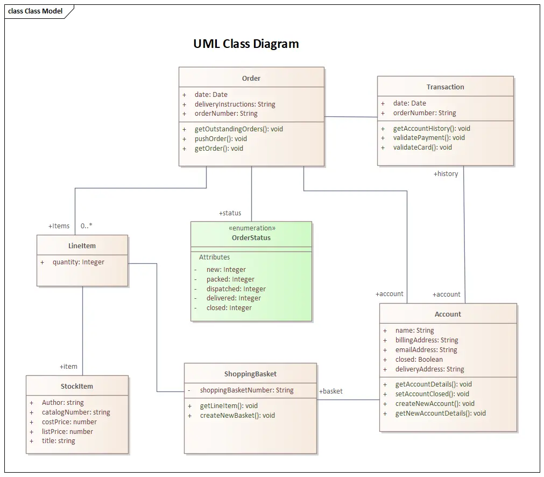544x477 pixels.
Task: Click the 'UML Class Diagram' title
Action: [246, 44]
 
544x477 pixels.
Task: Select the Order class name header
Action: [251, 78]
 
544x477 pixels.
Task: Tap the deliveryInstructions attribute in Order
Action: [235, 104]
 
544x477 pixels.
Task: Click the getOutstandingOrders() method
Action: [238, 129]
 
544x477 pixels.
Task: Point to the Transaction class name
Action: [445, 87]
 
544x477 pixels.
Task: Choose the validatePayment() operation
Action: [429, 138]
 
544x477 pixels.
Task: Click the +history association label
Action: [446, 174]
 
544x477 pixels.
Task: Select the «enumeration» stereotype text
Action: [252, 228]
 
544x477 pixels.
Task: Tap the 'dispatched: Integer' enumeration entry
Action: [236, 289]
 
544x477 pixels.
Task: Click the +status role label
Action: [230, 213]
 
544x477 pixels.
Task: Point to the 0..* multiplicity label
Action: [86, 226]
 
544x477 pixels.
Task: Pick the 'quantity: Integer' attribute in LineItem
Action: [78, 262]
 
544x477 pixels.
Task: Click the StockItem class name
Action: [77, 386]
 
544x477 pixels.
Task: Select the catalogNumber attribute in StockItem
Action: [76, 412]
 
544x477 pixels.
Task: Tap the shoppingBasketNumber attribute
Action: [246, 390]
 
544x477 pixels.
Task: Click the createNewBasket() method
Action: [237, 416]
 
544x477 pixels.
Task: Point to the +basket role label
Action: [331, 391]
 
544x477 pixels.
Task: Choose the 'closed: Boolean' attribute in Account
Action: [419, 360]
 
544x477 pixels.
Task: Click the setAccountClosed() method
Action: [432, 394]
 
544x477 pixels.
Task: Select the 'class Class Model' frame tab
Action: [36, 11]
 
